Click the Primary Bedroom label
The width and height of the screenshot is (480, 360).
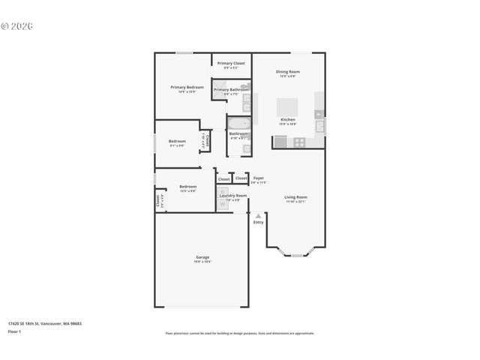click(x=187, y=88)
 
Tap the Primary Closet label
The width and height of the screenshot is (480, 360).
click(x=231, y=64)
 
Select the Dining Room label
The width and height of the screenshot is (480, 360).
click(x=287, y=72)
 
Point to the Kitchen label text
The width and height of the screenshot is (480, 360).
click(x=287, y=119)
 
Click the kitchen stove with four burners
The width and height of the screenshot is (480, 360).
click(x=299, y=141)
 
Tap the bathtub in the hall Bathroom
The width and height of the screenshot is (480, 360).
click(x=239, y=123)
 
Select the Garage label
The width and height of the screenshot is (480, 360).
click(x=202, y=257)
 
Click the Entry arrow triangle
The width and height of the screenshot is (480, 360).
click(x=258, y=214)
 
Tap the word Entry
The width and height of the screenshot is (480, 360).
click(x=258, y=222)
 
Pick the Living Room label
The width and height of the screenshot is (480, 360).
click(x=295, y=197)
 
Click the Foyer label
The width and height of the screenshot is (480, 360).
click(x=258, y=178)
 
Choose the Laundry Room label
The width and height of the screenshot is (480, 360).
click(x=232, y=196)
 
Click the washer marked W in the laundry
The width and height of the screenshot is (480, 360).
click(x=223, y=203)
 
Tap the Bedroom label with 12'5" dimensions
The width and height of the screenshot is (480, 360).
click(x=187, y=187)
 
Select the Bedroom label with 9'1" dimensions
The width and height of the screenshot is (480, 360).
click(x=177, y=142)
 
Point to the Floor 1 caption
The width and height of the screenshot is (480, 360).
click(x=14, y=331)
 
